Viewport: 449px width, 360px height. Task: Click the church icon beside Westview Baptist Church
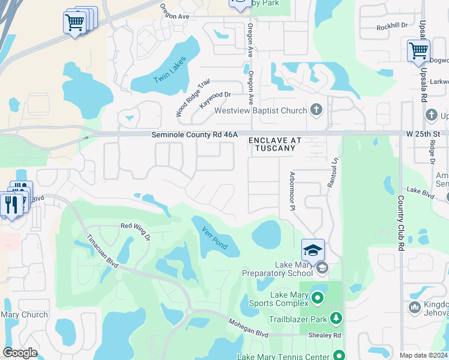pyautogui.click(x=317, y=110)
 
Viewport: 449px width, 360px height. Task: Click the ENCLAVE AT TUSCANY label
pyautogui.click(x=275, y=144)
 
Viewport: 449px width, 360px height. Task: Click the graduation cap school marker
pyautogui.click(x=313, y=249)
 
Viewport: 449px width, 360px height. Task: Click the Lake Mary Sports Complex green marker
pyautogui.click(x=318, y=297)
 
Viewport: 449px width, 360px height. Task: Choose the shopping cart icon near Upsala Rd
pyautogui.click(x=418, y=51)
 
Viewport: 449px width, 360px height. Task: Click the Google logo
pyautogui.click(x=20, y=353)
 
